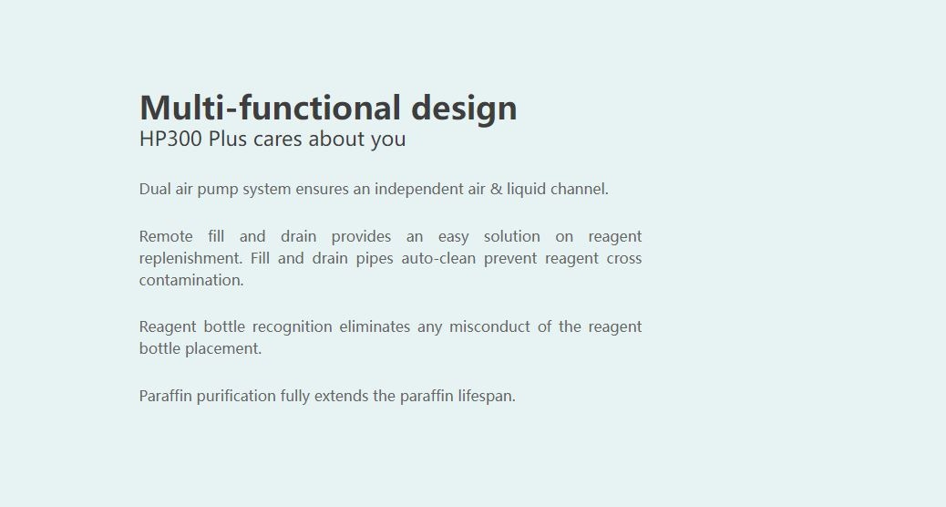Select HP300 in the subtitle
170,139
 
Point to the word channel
580,189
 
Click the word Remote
166,236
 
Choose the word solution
511,236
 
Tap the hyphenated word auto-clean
438,258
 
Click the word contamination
191,280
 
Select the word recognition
292,327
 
